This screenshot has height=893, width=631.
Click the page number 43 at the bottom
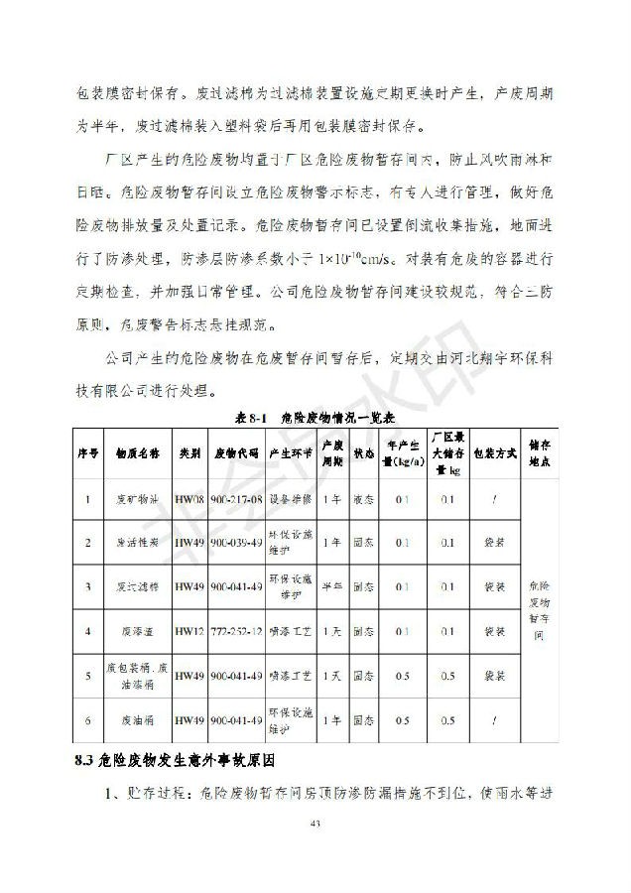click(315, 823)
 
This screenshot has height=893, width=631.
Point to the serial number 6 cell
click(88, 719)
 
